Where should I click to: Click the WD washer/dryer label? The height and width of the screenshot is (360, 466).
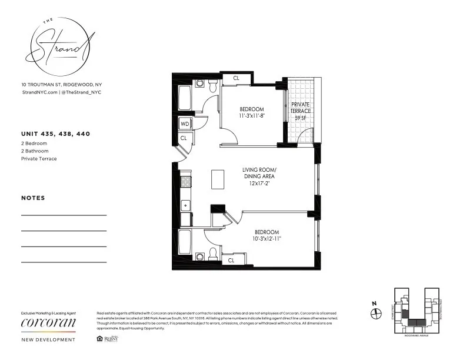(x=184, y=124)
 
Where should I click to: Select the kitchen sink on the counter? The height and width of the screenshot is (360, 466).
(x=185, y=205)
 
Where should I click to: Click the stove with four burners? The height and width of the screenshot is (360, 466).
(x=185, y=181)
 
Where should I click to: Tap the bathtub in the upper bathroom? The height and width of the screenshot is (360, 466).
(x=184, y=98)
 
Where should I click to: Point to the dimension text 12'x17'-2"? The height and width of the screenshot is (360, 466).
(x=259, y=183)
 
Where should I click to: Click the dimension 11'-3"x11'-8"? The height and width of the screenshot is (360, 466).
(x=251, y=116)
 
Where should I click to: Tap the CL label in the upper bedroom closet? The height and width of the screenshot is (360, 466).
(x=236, y=78)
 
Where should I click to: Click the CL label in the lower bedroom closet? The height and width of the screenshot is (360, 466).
(x=231, y=260)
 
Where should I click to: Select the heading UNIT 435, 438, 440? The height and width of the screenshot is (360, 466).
(x=55, y=134)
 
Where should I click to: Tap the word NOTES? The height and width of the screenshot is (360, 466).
(x=33, y=198)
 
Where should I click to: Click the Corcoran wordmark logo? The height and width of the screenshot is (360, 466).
(x=48, y=323)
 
